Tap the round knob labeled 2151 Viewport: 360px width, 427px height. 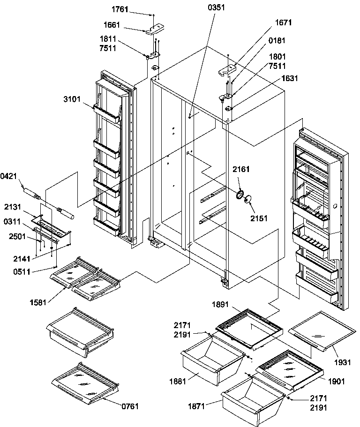point(248,201)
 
